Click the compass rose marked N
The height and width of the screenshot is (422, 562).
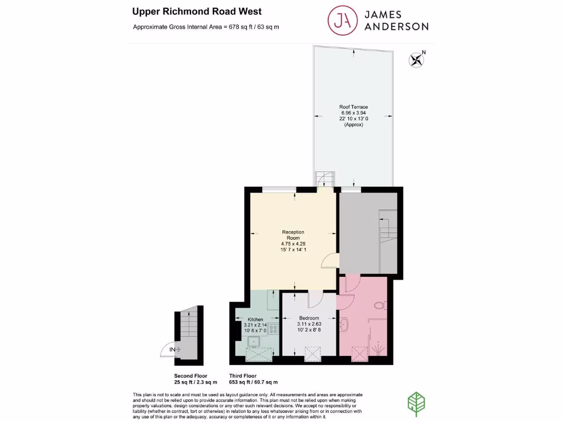click(x=417, y=59)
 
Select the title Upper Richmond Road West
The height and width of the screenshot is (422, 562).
click(x=197, y=11)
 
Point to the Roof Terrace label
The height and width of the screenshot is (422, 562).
click(x=353, y=107)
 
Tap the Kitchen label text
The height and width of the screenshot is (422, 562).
click(x=255, y=319)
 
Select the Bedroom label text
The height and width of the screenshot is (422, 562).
click(x=309, y=318)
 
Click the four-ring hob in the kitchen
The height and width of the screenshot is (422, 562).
click(x=273, y=330)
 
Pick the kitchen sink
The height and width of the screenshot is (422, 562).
click(x=255, y=342)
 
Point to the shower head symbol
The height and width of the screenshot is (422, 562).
click(x=378, y=348)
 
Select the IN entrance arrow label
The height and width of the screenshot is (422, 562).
click(x=175, y=349)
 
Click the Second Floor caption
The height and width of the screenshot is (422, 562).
click(x=192, y=376)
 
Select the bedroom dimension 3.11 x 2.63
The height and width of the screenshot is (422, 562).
click(x=309, y=325)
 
